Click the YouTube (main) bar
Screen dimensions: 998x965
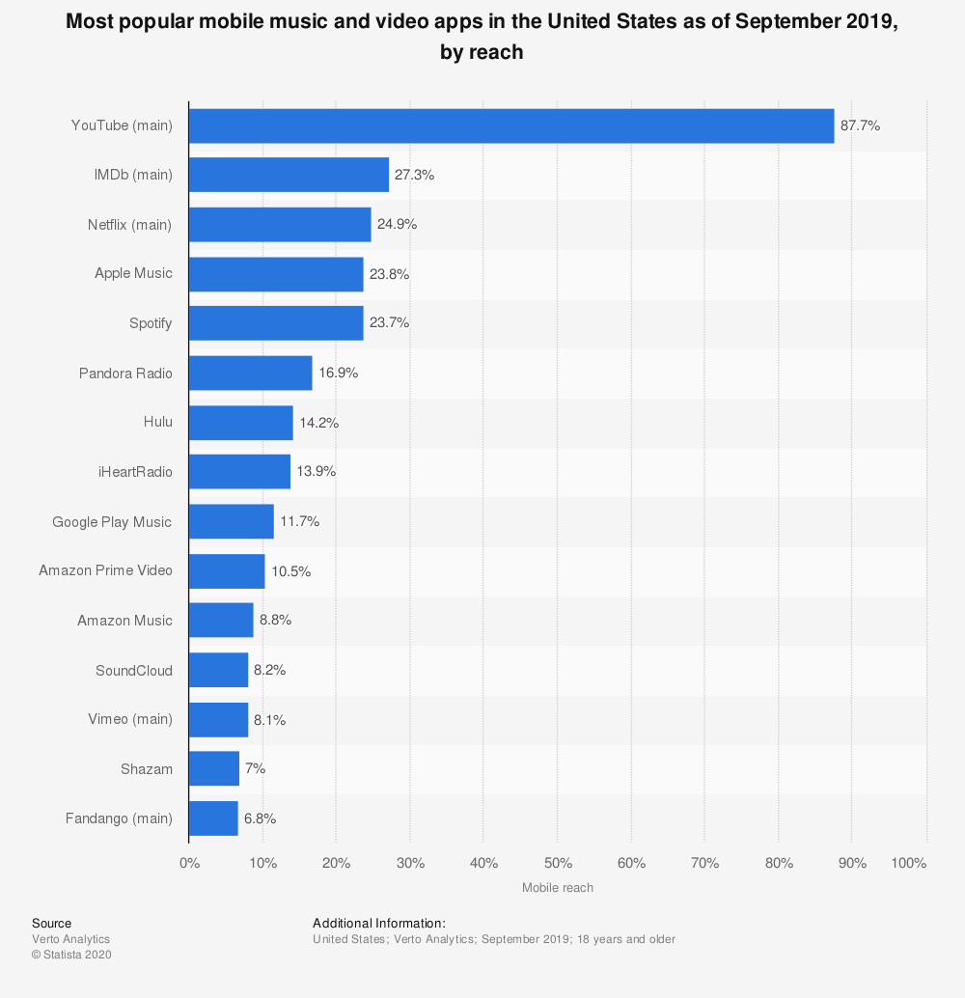tap(510, 125)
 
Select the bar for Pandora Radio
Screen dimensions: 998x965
tap(250, 373)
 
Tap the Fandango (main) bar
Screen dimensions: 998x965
tap(213, 818)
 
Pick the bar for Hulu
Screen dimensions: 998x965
tap(240, 423)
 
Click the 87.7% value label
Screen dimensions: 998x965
tap(860, 125)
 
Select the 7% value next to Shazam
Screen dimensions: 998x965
tap(256, 769)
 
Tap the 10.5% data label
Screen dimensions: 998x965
tap(290, 571)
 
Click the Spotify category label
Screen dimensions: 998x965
tap(151, 323)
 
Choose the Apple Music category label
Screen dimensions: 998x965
tap(133, 273)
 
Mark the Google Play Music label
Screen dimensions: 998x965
tap(112, 522)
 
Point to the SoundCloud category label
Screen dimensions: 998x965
tap(134, 670)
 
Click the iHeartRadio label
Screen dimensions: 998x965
tap(135, 472)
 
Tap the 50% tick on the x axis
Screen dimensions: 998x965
tap(558, 863)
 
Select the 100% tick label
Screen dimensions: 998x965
tap(909, 863)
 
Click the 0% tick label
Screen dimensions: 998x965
tap(190, 863)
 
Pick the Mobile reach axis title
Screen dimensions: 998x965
tap(558, 887)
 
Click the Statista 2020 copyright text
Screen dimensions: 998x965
tap(71, 955)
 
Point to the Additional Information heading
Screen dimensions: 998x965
tap(379, 924)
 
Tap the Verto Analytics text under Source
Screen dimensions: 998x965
tap(70, 939)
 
